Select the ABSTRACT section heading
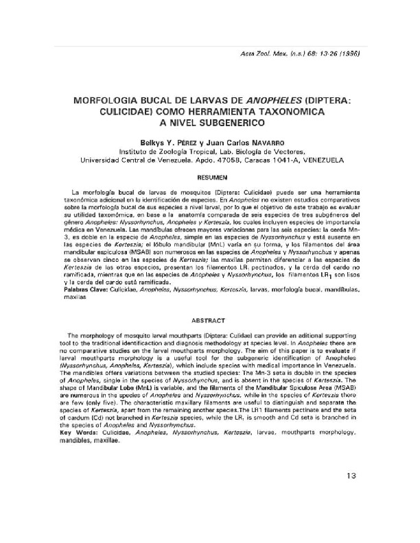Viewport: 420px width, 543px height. click(x=210, y=320)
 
